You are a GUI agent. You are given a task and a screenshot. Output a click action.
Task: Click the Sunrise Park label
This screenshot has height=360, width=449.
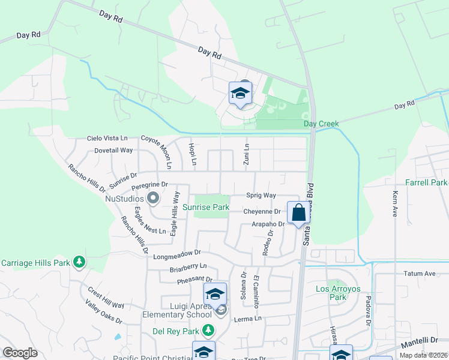coord(206,207)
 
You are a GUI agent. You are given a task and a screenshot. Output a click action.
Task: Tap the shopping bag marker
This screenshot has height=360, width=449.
coord(298,212)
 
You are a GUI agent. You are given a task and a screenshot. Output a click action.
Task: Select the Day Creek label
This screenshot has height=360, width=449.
coord(321,124)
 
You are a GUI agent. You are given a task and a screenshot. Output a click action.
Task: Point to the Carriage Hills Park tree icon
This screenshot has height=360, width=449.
coord(79,262)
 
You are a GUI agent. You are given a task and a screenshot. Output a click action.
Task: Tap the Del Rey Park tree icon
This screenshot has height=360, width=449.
coord(208,329)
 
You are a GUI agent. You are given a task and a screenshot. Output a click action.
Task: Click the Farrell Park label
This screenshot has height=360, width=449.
coord(426,182)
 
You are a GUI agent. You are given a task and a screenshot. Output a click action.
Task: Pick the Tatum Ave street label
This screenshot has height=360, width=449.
coord(421,274)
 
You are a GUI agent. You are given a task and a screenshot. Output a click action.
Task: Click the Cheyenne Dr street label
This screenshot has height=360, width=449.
coord(262,211)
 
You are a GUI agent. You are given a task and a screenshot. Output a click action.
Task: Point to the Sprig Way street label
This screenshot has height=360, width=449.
coord(261,196)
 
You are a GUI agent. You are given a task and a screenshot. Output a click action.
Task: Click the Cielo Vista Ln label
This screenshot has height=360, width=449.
coord(107,139)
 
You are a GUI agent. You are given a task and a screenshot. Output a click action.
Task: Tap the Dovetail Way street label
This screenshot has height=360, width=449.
coord(113,150)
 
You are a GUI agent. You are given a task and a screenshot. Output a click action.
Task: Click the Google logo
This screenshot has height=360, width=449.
coord(20,352)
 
